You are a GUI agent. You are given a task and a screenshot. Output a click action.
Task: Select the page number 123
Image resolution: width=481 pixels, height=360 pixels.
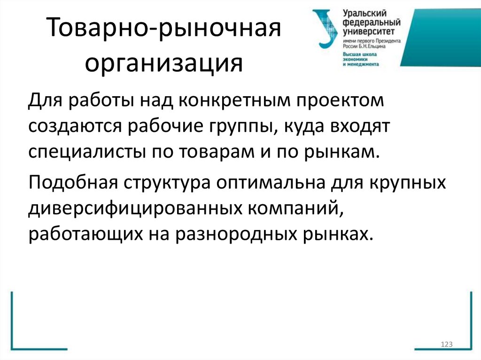(446, 345)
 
